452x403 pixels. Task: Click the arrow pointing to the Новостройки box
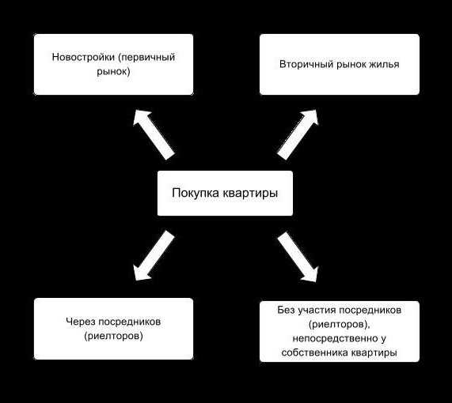[x=154, y=134]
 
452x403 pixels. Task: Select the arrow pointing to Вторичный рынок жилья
[x=298, y=134]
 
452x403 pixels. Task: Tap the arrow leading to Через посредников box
[x=154, y=255]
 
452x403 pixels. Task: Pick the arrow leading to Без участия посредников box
[x=298, y=257]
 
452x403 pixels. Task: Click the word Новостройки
[x=83, y=57]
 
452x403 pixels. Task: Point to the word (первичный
[x=146, y=57]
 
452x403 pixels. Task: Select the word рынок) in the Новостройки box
[x=113, y=72]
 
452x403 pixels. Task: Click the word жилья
[x=385, y=65]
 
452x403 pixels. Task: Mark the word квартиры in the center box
[x=250, y=194]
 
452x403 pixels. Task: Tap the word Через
[x=81, y=322]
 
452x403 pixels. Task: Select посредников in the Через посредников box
[x=130, y=322]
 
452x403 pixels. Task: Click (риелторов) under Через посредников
[x=113, y=336]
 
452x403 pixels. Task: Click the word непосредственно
[x=335, y=338]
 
